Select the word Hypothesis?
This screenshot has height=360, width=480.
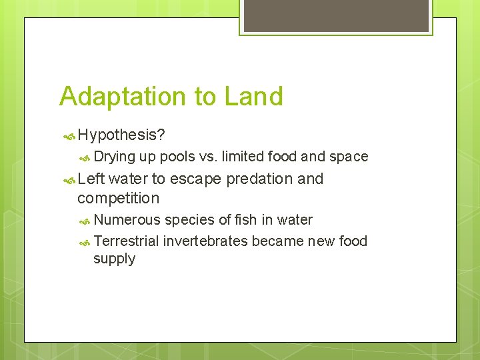click(121, 135)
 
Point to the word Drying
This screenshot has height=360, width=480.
click(114, 157)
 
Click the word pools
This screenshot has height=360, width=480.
click(177, 157)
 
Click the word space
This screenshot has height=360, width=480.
click(349, 157)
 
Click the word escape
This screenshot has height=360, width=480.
click(196, 179)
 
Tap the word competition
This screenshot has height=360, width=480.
click(118, 199)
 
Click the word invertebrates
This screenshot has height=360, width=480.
click(207, 241)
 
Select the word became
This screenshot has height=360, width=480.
click(279, 241)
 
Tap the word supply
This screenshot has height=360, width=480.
click(114, 259)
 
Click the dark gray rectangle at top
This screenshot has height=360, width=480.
click(336, 15)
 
